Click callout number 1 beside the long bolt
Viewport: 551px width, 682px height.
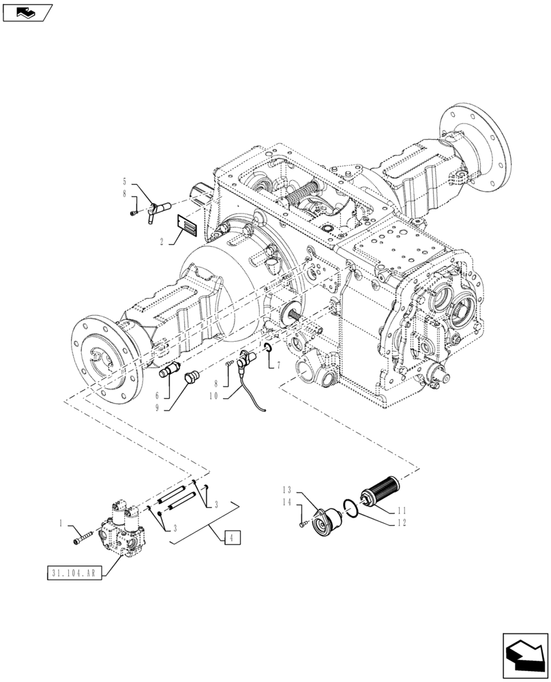coord(61,524)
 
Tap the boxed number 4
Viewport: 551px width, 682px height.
coord(232,538)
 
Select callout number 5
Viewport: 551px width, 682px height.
coord(124,182)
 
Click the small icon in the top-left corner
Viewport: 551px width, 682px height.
coord(27,12)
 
